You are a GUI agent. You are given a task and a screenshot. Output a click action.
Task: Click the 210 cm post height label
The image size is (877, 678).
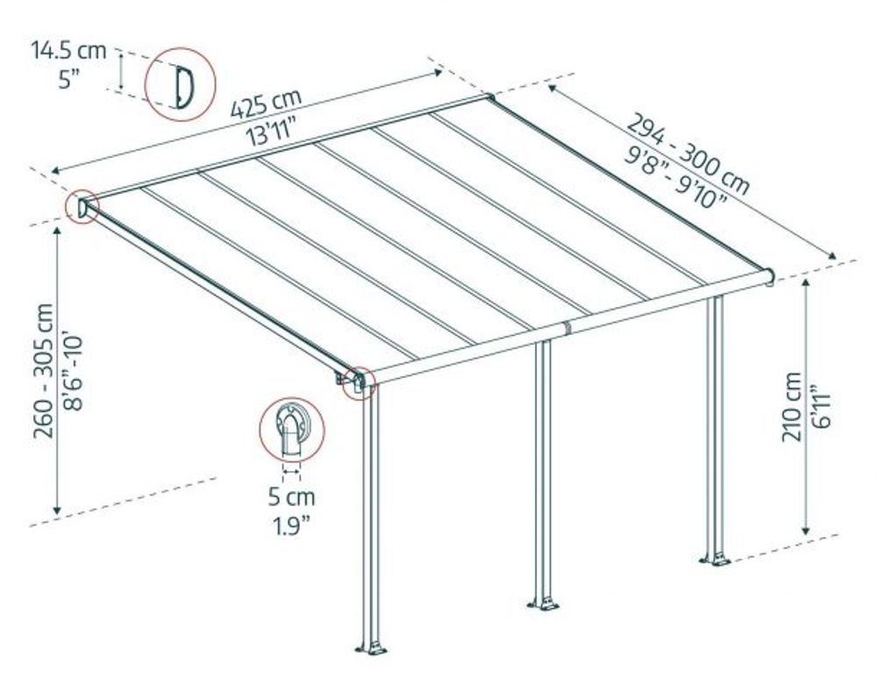(x=791, y=405)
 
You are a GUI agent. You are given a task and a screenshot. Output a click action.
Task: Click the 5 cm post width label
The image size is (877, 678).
(x=292, y=497)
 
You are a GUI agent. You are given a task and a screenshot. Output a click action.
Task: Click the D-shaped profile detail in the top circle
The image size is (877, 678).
(x=182, y=85)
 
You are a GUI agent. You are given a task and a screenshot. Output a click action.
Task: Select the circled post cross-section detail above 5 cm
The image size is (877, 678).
(x=292, y=429)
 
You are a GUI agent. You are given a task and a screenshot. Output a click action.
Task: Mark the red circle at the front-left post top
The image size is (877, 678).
(x=360, y=382)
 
